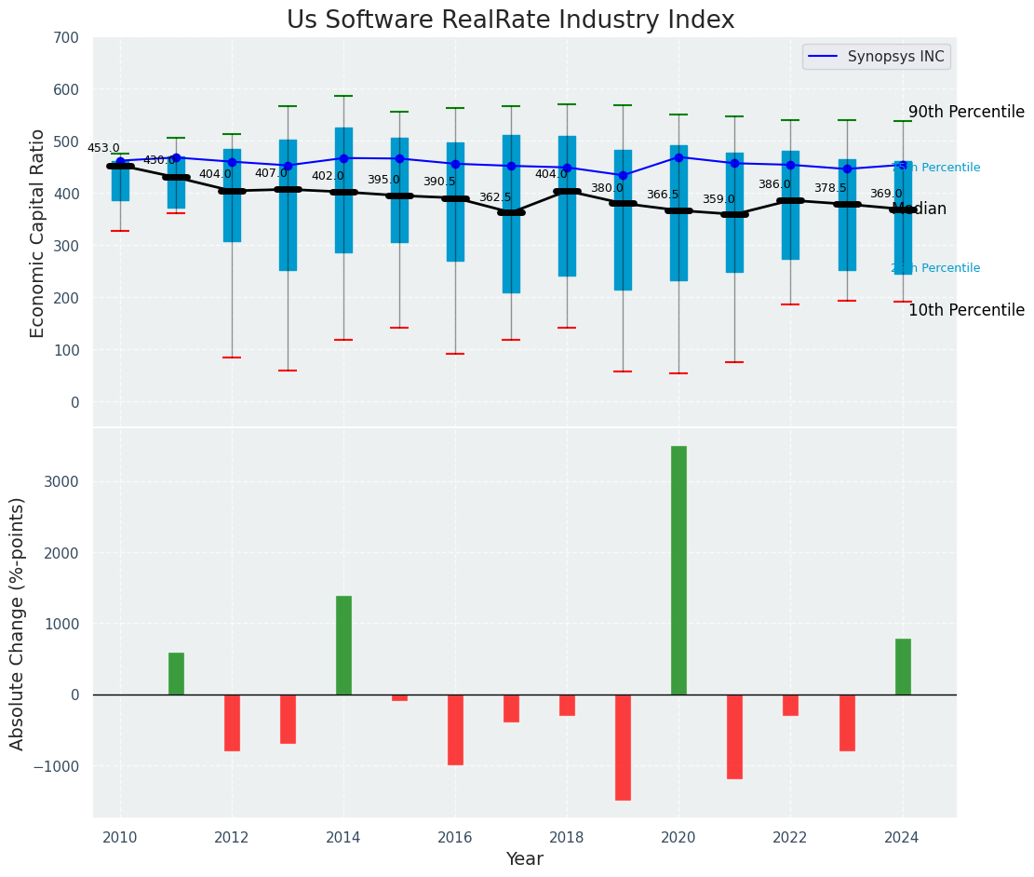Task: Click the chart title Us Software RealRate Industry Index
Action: pos(510,20)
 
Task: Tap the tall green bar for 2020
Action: pos(678,570)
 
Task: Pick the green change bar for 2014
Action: pos(343,645)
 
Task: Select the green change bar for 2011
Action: pos(176,673)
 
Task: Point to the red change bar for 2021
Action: pos(734,736)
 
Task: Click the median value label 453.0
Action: pos(103,149)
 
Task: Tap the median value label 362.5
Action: pos(495,198)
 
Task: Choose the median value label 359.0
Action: pos(718,200)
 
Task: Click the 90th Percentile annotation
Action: pos(966,113)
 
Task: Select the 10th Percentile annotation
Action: pos(966,311)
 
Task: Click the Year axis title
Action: pos(524,859)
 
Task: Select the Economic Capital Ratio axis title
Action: pos(38,233)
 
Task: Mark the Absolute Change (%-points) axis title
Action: pos(18,623)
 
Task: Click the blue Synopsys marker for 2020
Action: pos(678,157)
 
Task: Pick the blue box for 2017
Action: pos(511,214)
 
